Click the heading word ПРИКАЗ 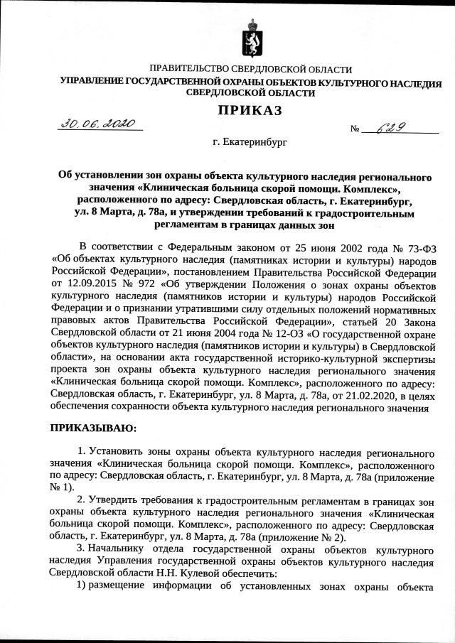click(250, 109)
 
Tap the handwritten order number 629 click(392, 127)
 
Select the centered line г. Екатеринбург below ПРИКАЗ click(250, 142)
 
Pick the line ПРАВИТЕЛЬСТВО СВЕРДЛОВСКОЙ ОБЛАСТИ click(250, 69)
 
